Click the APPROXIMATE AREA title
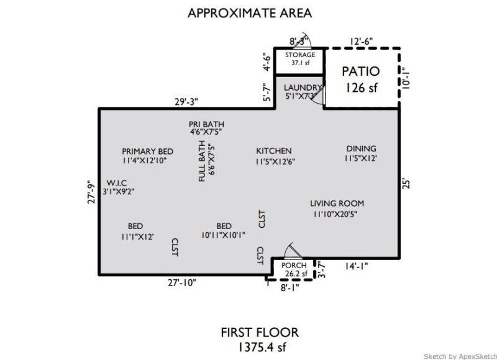[x=249, y=12]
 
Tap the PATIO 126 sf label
[x=360, y=79]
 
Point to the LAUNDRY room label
[x=303, y=92]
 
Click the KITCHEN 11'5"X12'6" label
[x=274, y=156]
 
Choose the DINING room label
[x=361, y=153]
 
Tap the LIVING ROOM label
[x=337, y=209]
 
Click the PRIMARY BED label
[x=147, y=156]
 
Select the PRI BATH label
[x=206, y=127]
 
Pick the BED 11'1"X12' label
[x=135, y=231]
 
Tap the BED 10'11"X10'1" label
[x=224, y=230]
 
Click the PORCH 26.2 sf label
[x=294, y=269]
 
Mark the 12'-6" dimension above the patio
[x=361, y=41]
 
